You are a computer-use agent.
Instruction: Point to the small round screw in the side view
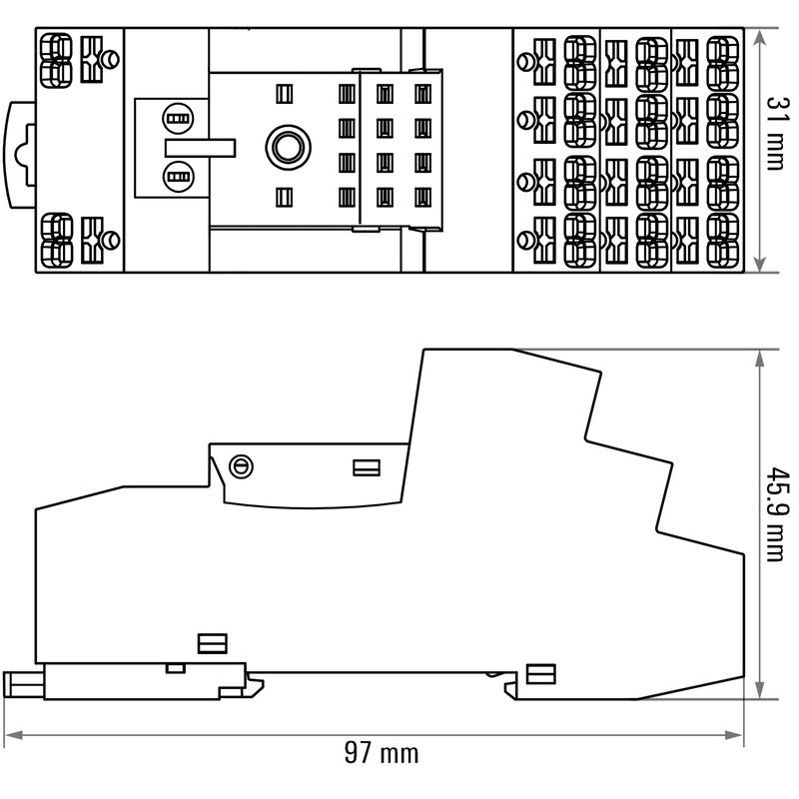[x=241, y=465]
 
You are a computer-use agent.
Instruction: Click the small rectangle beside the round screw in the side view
[x=366, y=466]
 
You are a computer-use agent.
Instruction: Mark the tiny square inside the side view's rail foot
[x=175, y=667]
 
